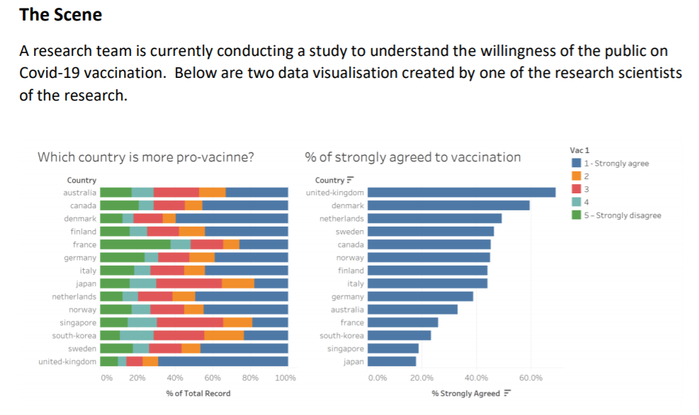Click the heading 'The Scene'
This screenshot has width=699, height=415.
(x=61, y=15)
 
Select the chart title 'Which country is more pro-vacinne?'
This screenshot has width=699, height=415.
(x=146, y=157)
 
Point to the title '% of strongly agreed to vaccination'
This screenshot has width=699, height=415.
(x=412, y=157)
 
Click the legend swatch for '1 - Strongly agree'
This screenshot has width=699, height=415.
(x=576, y=164)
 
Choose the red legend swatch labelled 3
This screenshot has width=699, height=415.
(x=576, y=189)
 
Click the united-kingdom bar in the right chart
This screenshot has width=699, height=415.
(x=461, y=193)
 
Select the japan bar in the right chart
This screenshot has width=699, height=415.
(x=392, y=361)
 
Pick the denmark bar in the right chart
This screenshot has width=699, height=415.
(x=448, y=205)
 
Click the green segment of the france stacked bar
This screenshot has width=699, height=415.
(x=135, y=244)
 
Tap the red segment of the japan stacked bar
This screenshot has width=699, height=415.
(x=188, y=283)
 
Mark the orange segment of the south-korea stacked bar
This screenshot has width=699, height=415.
(x=224, y=336)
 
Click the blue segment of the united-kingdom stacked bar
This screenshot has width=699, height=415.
(x=222, y=361)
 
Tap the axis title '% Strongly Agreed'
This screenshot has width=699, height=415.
(x=466, y=394)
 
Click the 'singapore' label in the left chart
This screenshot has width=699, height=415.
(x=78, y=322)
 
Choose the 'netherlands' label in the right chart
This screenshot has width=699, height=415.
(x=341, y=219)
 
